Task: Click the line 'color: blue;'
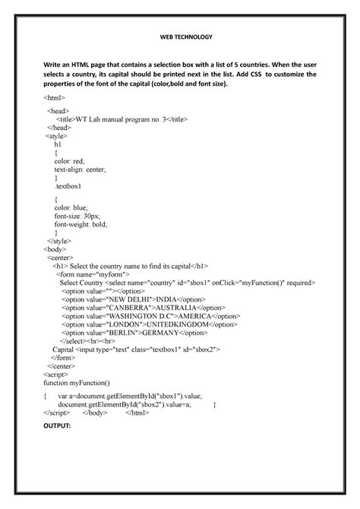coord(73,206)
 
